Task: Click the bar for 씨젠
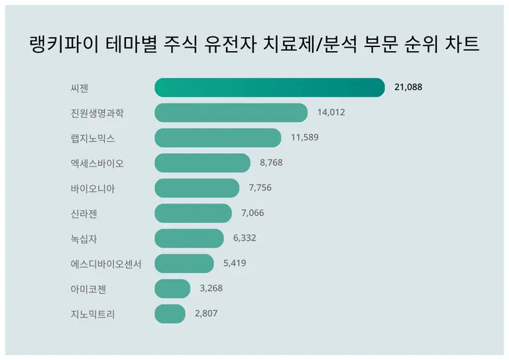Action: pyautogui.click(x=270, y=88)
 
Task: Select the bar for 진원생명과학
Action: pyautogui.click(x=231, y=113)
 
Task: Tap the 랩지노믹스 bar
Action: pyautogui.click(x=217, y=138)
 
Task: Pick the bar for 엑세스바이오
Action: pyautogui.click(x=202, y=163)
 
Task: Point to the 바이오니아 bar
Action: pyautogui.click(x=197, y=188)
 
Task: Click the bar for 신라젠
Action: pyautogui.click(x=193, y=213)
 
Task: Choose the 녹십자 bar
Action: pyautogui.click(x=189, y=239)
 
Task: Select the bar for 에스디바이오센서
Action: pyautogui.click(x=184, y=264)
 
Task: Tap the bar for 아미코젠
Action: pyautogui.click(x=172, y=289)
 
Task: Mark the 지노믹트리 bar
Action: pyautogui.click(x=170, y=314)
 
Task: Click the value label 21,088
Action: pyautogui.click(x=408, y=88)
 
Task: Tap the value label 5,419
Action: pyautogui.click(x=235, y=264)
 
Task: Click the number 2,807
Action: pyautogui.click(x=206, y=314)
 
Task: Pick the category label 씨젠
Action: pyautogui.click(x=79, y=88)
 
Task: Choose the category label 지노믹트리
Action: pyautogui.click(x=92, y=314)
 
